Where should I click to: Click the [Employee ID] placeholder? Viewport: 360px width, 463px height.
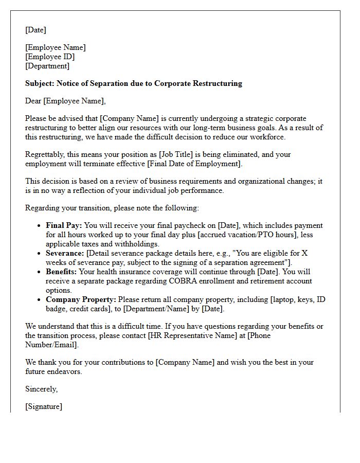click(x=50, y=57)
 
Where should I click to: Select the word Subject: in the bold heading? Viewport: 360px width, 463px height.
click(x=40, y=83)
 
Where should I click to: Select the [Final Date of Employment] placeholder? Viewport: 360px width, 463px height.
click(x=195, y=164)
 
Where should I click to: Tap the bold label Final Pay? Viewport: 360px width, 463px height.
click(x=64, y=225)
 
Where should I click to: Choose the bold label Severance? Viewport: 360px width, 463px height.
click(x=65, y=253)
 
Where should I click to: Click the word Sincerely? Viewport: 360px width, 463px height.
click(x=41, y=389)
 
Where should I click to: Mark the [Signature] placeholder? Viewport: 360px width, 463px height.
click(x=44, y=406)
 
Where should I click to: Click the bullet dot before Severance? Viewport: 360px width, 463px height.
click(x=40, y=254)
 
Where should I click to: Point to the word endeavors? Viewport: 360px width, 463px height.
click(x=64, y=371)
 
